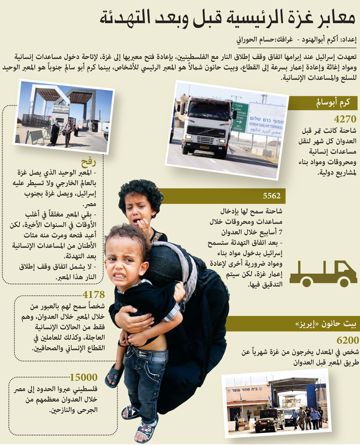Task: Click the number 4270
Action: coord(344,120)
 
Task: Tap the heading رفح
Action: coord(95,161)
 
